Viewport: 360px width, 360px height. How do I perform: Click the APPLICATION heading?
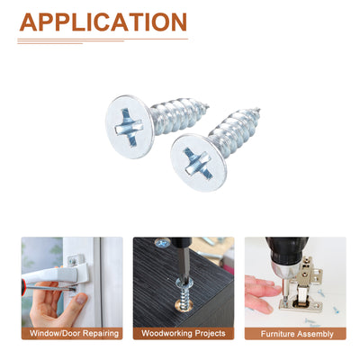[103, 22]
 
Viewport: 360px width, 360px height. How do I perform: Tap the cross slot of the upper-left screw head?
[128, 127]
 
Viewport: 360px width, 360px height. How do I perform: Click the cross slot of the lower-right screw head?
[196, 163]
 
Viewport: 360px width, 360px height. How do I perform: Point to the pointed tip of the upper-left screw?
[208, 105]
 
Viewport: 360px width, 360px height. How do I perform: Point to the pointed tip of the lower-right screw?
[258, 110]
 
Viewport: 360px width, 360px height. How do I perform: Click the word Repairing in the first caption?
[101, 334]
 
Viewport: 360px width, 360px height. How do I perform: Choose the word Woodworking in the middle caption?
[166, 333]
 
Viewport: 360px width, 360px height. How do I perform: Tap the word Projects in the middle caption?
[210, 333]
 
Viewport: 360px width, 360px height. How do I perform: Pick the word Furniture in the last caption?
[276, 334]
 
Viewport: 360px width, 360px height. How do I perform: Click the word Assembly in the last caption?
[314, 334]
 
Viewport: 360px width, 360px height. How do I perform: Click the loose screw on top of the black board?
[162, 242]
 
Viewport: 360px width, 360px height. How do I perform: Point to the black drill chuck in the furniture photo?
[286, 250]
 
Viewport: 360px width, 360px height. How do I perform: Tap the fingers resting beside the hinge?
[260, 293]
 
